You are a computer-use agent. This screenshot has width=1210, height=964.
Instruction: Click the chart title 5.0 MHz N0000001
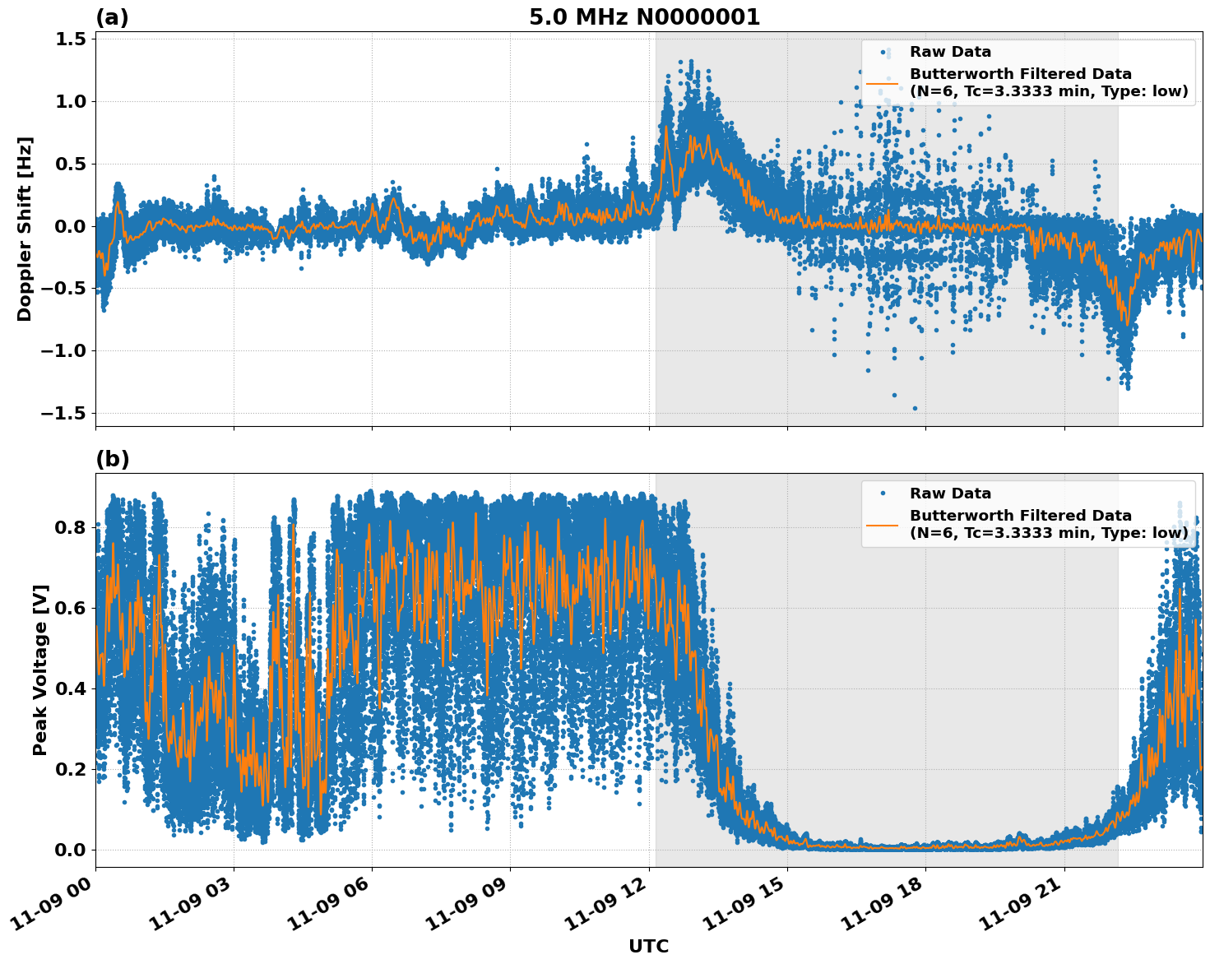[x=644, y=17]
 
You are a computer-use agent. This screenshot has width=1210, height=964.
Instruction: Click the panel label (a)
[x=112, y=17]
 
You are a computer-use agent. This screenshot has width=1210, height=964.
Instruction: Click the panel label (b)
[x=112, y=459]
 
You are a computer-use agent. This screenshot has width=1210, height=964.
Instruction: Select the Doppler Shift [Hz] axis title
[x=25, y=229]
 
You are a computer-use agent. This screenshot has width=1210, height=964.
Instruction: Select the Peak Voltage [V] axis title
[x=40, y=670]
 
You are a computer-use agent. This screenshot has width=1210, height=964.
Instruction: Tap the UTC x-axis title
[x=648, y=946]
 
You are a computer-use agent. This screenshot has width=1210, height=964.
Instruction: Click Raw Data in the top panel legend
[x=950, y=52]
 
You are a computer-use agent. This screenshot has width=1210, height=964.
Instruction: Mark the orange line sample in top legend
[x=882, y=83]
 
